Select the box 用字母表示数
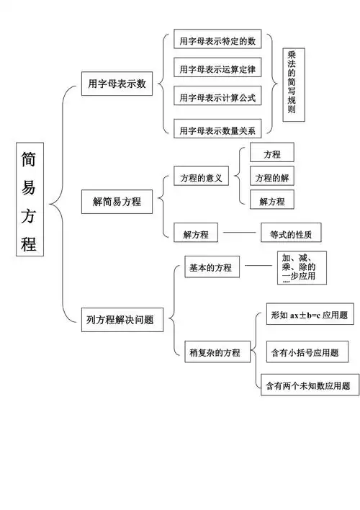[116, 84]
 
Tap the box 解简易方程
[117, 202]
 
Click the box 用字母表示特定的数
[218, 41]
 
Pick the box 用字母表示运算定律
[218, 69]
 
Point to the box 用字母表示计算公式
[218, 97]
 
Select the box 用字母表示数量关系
[218, 130]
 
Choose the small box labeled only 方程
[271, 153]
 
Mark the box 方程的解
[271, 177]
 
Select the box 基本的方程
[211, 267]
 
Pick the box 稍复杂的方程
[215, 353]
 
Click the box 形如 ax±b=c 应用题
[309, 315]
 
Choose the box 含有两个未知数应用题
[309, 385]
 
